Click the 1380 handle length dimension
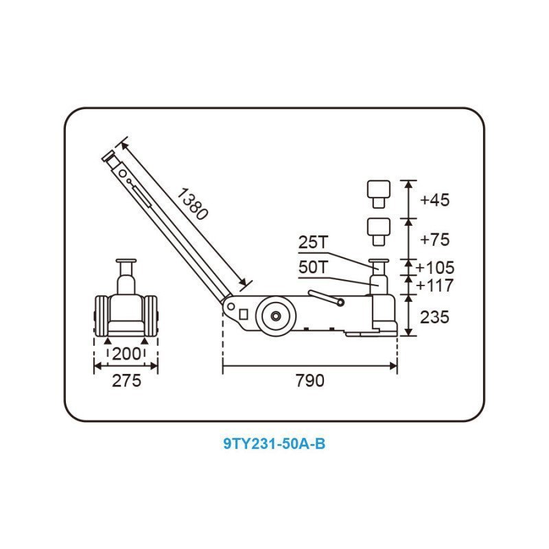point(192,204)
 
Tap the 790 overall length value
point(310,381)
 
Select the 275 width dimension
point(126,381)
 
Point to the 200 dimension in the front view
point(126,354)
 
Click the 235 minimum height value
point(434,317)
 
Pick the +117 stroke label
point(435,285)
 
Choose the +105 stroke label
point(435,268)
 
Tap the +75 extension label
point(434,240)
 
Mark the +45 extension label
point(434,200)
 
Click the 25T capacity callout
point(314,242)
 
